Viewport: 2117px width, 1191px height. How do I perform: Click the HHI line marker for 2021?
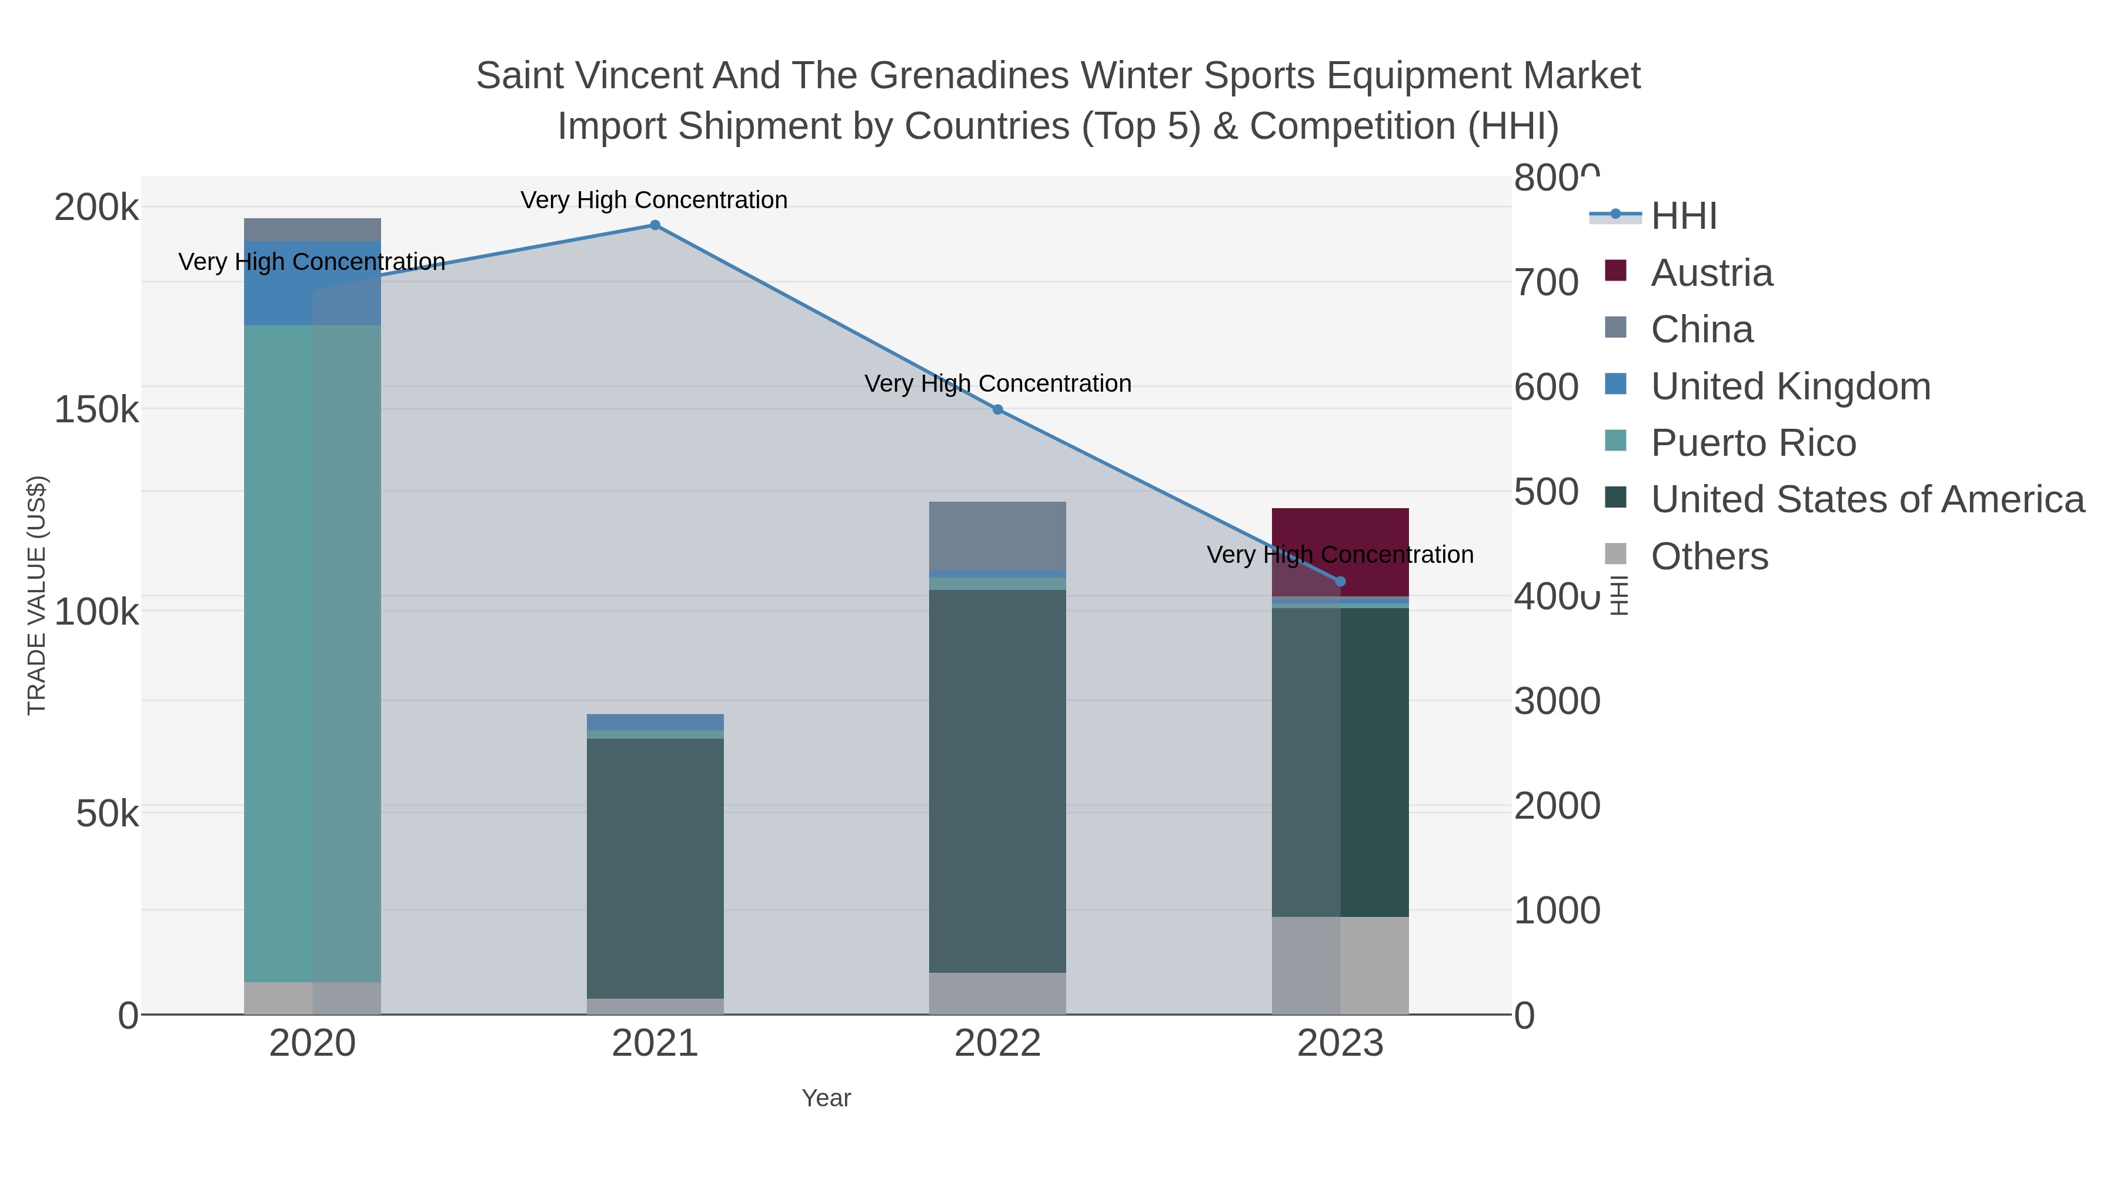[655, 225]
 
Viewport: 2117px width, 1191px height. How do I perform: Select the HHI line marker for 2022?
[998, 409]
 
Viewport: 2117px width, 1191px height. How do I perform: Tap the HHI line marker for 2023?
[1340, 582]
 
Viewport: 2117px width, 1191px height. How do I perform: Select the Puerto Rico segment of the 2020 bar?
[312, 653]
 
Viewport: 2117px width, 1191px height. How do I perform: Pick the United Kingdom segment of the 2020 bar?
[312, 283]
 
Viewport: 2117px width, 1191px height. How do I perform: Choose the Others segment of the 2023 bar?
[1340, 966]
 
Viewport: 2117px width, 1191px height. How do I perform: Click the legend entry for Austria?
[1711, 273]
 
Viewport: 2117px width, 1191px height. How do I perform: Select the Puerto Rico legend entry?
[1753, 443]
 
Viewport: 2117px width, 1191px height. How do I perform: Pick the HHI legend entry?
[1683, 216]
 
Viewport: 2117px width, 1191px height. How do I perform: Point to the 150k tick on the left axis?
[96, 409]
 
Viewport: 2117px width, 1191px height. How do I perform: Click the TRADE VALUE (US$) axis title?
[37, 595]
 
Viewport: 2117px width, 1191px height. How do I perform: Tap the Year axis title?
[826, 1098]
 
